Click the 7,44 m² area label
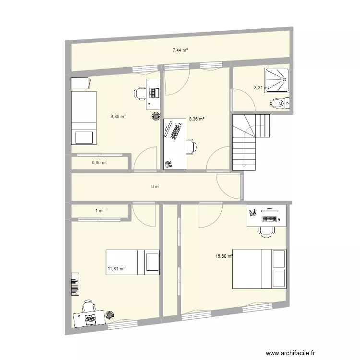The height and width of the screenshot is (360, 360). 180,49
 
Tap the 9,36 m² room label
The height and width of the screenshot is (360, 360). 118,116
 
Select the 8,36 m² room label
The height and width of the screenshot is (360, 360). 197,119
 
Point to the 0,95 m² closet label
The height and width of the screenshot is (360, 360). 99,163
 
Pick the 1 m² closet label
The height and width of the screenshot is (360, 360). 99,210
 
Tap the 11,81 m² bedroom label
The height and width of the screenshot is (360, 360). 116,269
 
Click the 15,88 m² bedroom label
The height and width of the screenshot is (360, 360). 224,256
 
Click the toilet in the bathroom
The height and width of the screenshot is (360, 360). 279,102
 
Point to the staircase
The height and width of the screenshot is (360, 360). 251,142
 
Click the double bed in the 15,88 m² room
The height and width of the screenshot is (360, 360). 259,269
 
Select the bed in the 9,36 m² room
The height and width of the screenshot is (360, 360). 84,118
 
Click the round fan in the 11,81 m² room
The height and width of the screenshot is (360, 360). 110,315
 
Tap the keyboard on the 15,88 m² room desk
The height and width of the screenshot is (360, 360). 269,219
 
